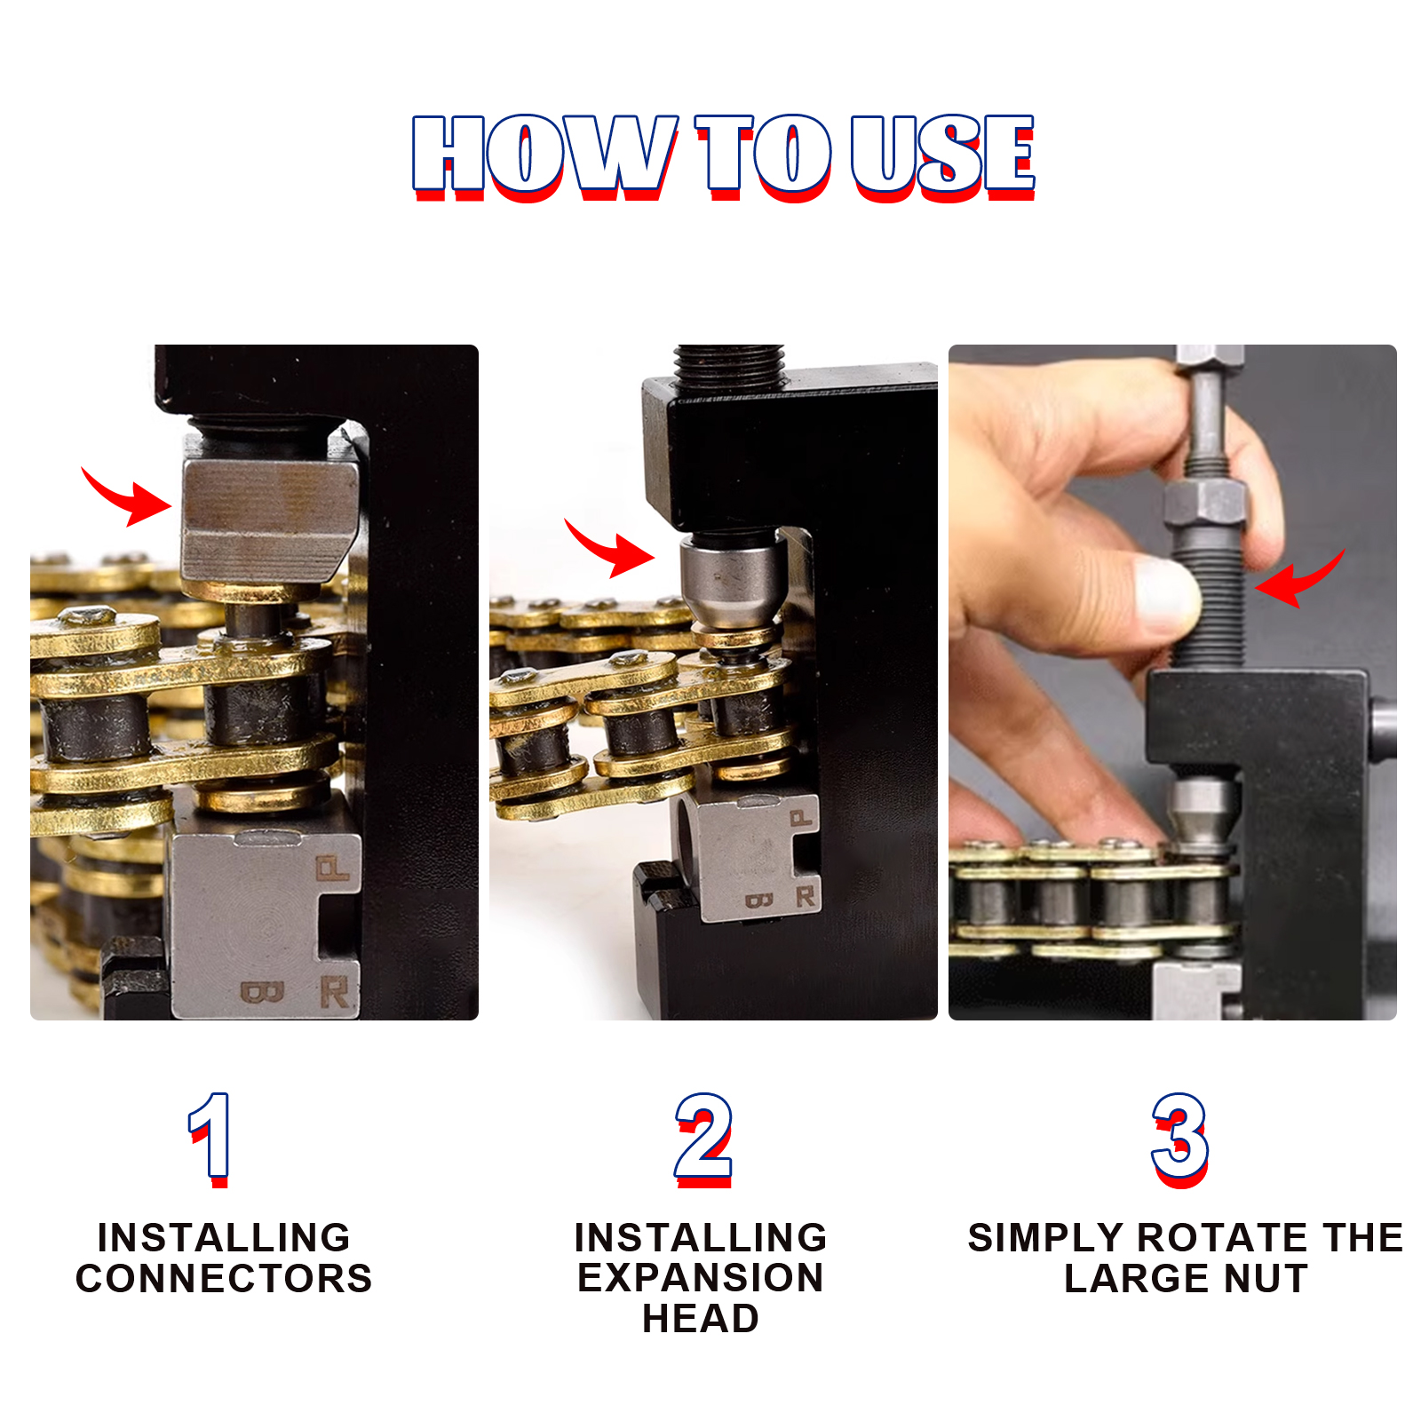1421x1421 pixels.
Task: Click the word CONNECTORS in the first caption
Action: click(x=224, y=1278)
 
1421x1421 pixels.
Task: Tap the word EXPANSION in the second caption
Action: click(x=701, y=1278)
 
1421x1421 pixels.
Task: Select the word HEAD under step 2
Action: click(x=701, y=1318)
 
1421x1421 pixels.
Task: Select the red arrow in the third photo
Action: click(x=1298, y=579)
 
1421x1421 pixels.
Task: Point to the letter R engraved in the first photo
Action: click(x=334, y=991)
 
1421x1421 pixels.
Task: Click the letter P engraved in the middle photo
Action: click(x=800, y=818)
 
